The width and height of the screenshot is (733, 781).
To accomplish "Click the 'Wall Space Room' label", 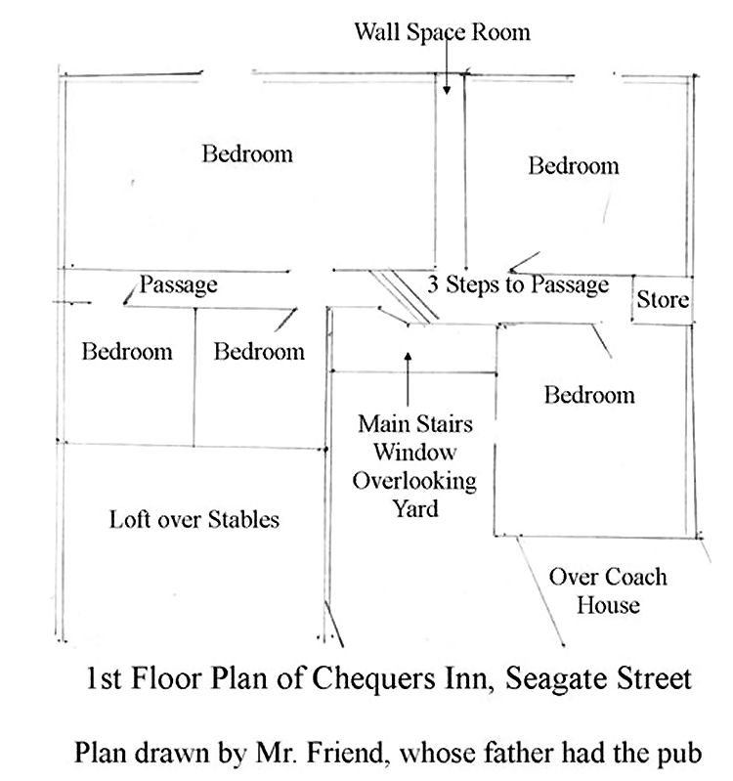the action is (x=442, y=32).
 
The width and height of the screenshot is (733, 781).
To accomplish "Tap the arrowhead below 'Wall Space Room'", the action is (x=447, y=90).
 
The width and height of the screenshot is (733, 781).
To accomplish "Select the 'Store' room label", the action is (x=663, y=299).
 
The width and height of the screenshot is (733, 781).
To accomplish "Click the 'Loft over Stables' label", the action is (x=194, y=519).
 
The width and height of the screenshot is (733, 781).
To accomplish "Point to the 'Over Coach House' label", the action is (x=608, y=590).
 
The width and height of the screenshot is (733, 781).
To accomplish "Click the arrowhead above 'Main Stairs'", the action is (x=408, y=357).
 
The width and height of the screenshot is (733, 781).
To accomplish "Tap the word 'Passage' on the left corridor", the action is (x=178, y=284).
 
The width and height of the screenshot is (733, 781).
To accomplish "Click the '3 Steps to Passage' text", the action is (x=518, y=284).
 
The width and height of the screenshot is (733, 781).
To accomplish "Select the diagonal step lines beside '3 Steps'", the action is (x=404, y=297).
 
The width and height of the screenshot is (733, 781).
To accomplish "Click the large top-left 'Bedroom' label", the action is (x=247, y=153).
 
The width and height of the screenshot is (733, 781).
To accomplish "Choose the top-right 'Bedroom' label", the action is (x=574, y=165).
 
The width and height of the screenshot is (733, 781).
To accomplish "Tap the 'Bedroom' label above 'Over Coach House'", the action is (x=589, y=395).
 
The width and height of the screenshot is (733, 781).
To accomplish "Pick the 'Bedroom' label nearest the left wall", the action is (x=127, y=351).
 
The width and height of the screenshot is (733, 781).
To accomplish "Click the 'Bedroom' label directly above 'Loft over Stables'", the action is (x=259, y=351).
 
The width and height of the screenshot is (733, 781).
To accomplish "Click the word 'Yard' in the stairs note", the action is (x=415, y=509).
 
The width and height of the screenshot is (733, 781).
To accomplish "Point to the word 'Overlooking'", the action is (x=414, y=481).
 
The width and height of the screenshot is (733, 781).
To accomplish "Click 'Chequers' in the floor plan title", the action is (x=373, y=678).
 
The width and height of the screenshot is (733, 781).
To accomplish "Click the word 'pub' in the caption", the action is (x=679, y=754).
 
